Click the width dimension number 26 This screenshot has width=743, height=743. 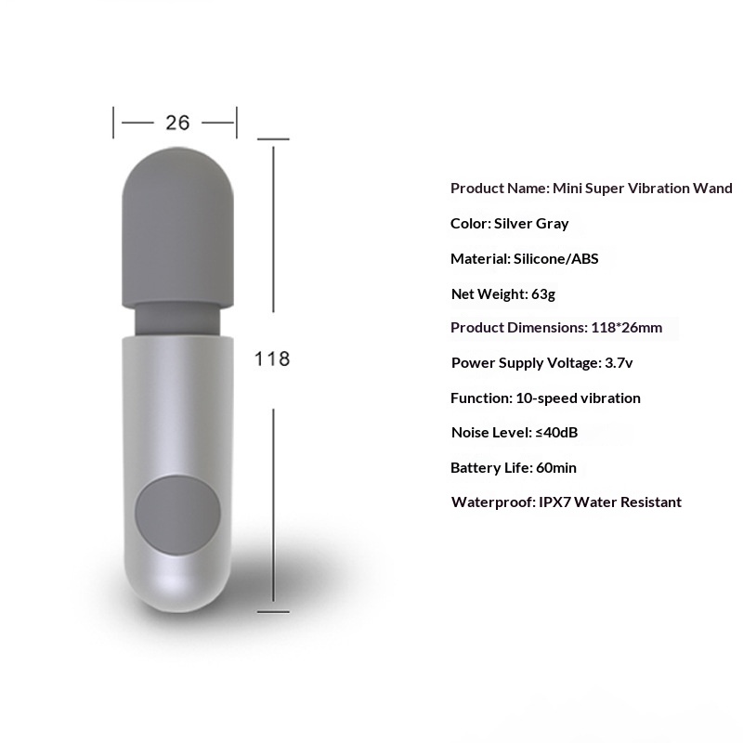(176, 122)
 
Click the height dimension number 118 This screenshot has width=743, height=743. (272, 358)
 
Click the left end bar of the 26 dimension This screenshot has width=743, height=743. (114, 122)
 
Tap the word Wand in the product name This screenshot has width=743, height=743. (713, 189)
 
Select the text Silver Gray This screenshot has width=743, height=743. (531, 224)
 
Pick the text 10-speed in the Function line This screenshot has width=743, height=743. (543, 398)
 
